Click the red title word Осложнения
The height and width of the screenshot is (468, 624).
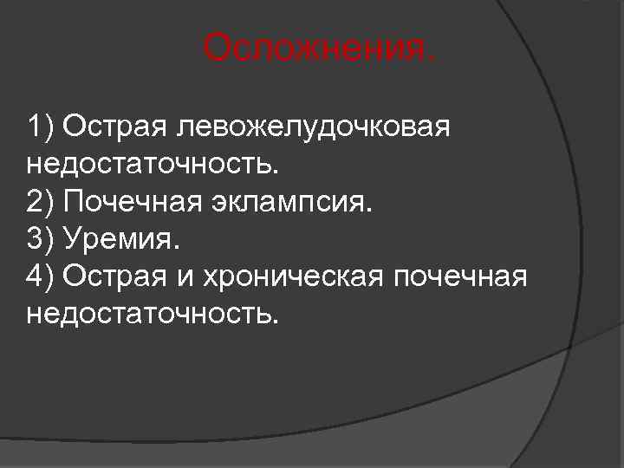coord(320,49)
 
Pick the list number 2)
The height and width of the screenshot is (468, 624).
coord(40,202)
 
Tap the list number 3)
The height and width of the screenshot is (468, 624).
coord(40,238)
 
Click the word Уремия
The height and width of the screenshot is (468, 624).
coord(122,238)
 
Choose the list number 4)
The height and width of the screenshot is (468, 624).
coord(40,276)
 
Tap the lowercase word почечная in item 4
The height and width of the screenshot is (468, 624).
coord(459,276)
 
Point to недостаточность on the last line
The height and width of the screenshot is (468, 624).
coord(154,312)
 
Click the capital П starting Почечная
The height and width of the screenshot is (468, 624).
coord(73,202)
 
